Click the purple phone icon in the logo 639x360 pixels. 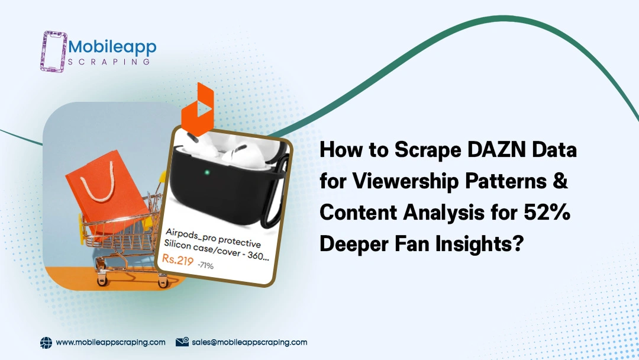pyautogui.click(x=53, y=52)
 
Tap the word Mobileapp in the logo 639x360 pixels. pyautogui.click(x=112, y=48)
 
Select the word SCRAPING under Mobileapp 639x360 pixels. pyautogui.click(x=109, y=62)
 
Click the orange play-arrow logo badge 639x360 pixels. pyautogui.click(x=198, y=110)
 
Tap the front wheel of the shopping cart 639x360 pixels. pyautogui.click(x=102, y=281)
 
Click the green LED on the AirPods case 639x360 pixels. pyautogui.click(x=207, y=172)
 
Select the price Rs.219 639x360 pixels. pyautogui.click(x=177, y=259)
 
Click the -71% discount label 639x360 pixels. pyautogui.click(x=206, y=265)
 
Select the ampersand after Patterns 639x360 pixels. pyautogui.click(x=560, y=180)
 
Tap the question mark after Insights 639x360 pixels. pyautogui.click(x=517, y=243)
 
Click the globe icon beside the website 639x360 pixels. pyautogui.click(x=46, y=343)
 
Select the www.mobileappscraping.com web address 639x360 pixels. pyautogui.click(x=111, y=342)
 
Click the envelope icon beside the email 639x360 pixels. pyautogui.click(x=182, y=342)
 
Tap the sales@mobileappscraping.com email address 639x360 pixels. pyautogui.click(x=250, y=342)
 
